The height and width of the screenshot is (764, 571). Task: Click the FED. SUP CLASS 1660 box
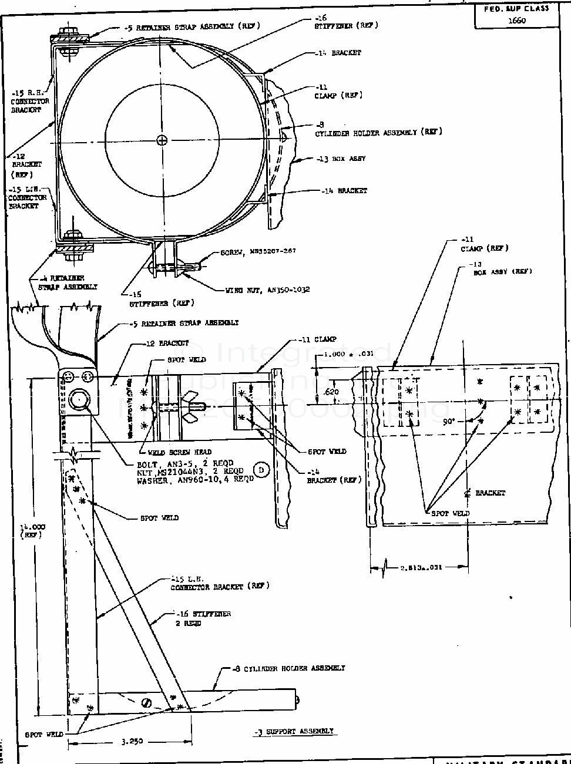coord(516,15)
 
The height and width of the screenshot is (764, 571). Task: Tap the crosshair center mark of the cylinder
coord(162,140)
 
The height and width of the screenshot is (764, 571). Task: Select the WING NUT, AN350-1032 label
coord(267,290)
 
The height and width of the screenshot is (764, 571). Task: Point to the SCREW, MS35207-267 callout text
coord(258,251)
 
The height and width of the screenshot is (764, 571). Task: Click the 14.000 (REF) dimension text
coord(32,531)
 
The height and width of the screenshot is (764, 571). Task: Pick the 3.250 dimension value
coord(132,741)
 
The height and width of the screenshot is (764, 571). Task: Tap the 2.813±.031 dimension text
coord(421,567)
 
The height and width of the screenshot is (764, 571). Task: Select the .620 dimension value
coord(331,392)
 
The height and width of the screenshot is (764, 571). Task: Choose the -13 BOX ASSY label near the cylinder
coord(341,159)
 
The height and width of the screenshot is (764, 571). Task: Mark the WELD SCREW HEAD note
coord(173,452)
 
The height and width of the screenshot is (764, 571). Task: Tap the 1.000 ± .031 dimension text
coord(348,354)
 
